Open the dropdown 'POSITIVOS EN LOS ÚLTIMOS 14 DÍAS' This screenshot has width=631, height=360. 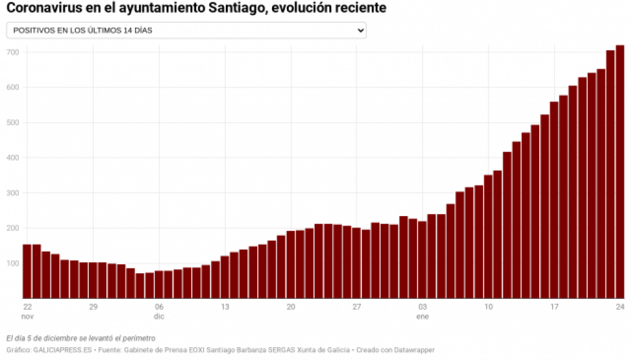(x=186, y=30)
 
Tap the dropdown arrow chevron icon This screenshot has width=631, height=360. (x=360, y=30)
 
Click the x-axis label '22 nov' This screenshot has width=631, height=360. (x=27, y=312)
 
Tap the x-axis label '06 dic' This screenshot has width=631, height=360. (x=159, y=312)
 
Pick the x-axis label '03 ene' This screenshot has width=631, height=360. (x=423, y=312)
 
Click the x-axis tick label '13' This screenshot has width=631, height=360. (x=224, y=307)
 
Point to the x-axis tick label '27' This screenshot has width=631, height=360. (x=356, y=307)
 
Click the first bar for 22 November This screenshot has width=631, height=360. (x=27, y=271)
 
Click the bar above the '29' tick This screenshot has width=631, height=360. (x=93, y=280)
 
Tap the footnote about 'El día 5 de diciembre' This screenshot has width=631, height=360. (x=80, y=338)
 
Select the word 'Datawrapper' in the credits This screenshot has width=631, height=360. (x=414, y=350)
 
